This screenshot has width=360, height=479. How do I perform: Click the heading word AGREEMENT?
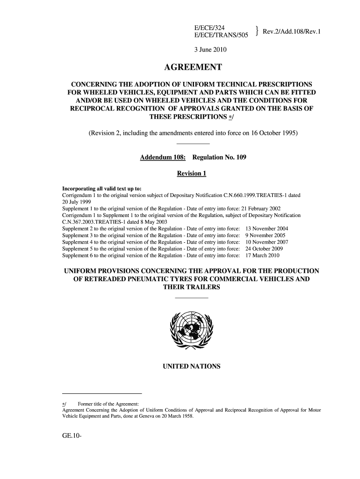pos(191,67)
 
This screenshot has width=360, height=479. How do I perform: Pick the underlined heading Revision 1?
pos(191,174)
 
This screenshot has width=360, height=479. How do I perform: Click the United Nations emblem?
pos(191,329)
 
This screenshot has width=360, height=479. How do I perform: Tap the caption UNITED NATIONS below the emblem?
pos(191,366)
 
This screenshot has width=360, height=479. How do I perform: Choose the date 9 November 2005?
pos(265,235)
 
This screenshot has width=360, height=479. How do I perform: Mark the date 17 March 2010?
pos(262,256)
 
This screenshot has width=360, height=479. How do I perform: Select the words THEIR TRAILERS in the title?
pos(191,288)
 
